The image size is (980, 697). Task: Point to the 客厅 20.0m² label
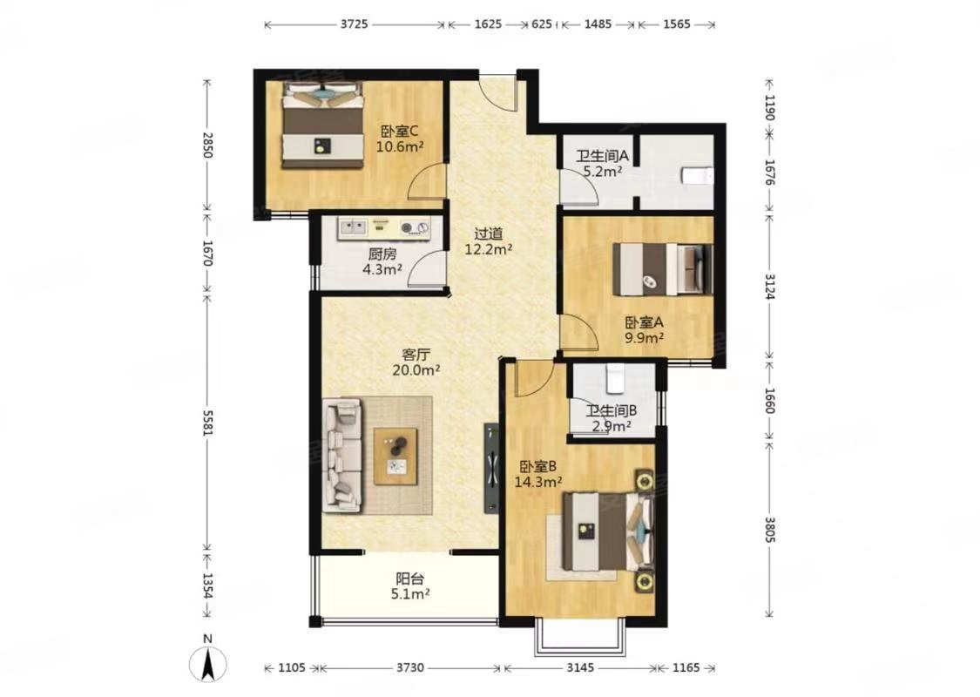click(x=416, y=362)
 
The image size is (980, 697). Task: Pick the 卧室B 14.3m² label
click(x=538, y=474)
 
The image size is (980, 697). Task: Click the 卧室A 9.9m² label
click(x=644, y=330)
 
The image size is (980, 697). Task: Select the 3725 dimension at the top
click(x=354, y=24)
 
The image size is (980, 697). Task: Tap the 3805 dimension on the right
click(x=769, y=528)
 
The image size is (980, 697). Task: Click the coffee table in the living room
click(x=395, y=456)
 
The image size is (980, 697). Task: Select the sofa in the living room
click(x=342, y=456)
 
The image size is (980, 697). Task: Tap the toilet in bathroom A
click(x=697, y=176)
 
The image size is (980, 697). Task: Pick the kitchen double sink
click(x=353, y=227)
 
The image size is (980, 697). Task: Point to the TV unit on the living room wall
click(x=492, y=469)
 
